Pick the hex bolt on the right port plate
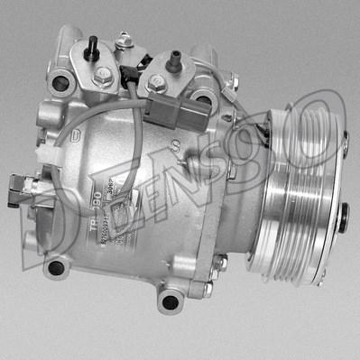pyautogui.click(x=158, y=82)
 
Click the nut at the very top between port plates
pyautogui.click(x=125, y=40)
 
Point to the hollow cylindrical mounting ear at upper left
pyautogui.click(x=61, y=83)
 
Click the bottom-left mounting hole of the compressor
pyautogui.click(x=56, y=267)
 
